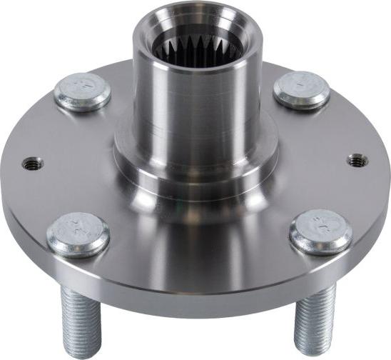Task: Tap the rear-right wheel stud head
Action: tap(301, 90)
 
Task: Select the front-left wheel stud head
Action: tap(78, 234)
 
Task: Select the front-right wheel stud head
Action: tap(321, 230)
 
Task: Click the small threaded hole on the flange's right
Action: tap(357, 161)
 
